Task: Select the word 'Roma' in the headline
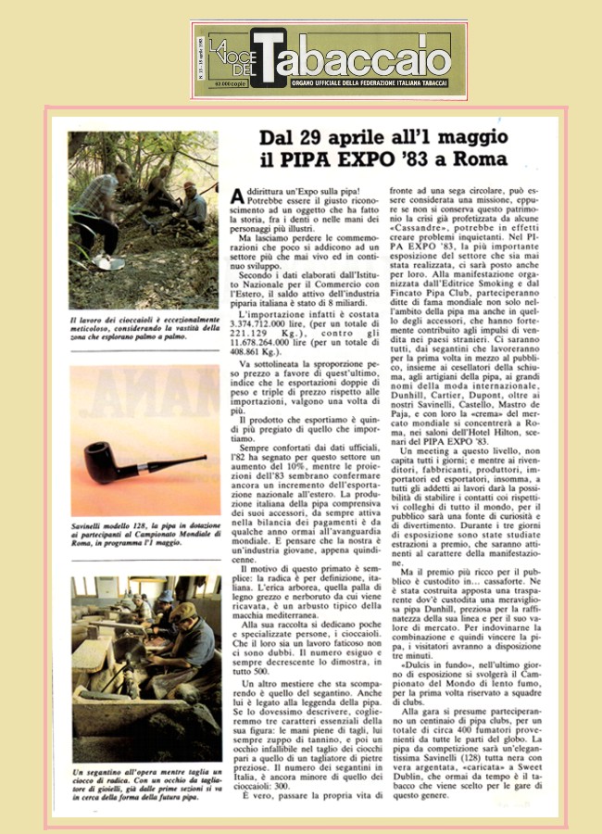478,158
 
